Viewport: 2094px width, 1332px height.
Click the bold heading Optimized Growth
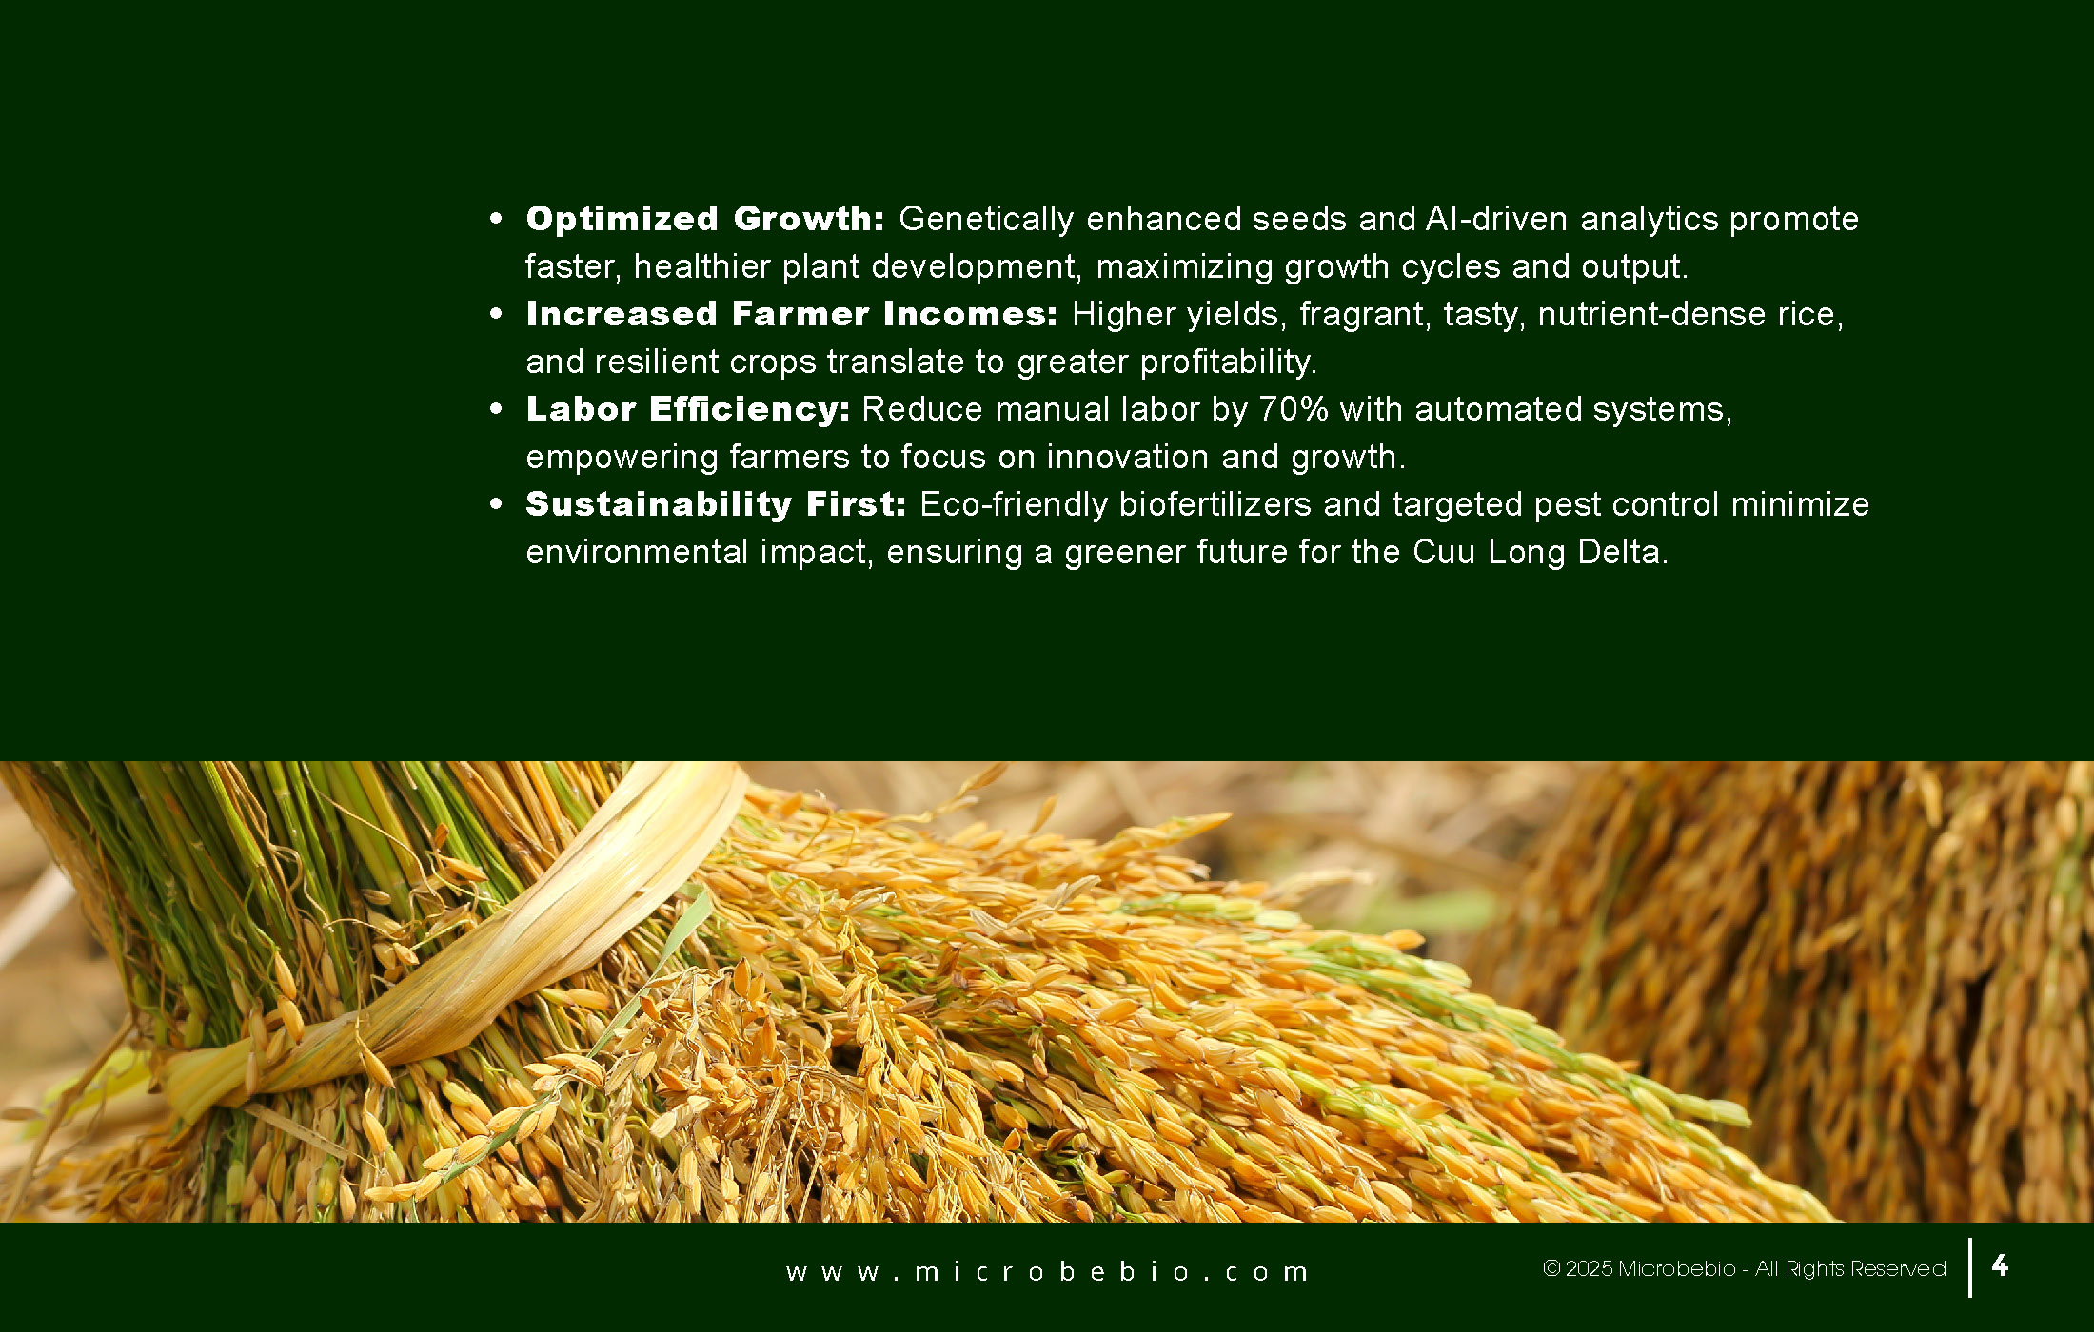click(705, 219)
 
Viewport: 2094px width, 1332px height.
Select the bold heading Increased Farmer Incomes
click(792, 314)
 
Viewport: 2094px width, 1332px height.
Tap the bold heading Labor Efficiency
click(687, 409)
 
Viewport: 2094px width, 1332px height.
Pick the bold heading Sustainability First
click(716, 504)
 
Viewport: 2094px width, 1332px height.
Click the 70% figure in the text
click(1294, 409)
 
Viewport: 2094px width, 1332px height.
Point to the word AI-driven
click(1496, 219)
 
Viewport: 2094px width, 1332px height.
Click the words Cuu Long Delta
click(1540, 552)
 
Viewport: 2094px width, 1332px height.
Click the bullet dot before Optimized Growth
click(495, 219)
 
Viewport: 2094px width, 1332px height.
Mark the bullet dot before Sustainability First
click(495, 504)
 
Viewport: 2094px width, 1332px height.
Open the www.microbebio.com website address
click(1047, 1272)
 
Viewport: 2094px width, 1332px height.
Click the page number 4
click(2000, 1265)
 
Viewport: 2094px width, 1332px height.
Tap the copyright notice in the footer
click(1744, 1268)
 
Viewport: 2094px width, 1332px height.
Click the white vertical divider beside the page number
click(1969, 1267)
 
